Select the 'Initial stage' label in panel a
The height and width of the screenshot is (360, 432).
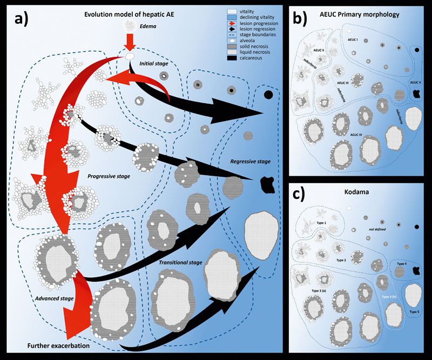(x=154, y=64)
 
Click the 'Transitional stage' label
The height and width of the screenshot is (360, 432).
(x=181, y=263)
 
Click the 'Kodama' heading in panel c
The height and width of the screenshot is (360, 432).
(x=360, y=192)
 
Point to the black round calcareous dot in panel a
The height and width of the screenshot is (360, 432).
(x=268, y=95)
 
